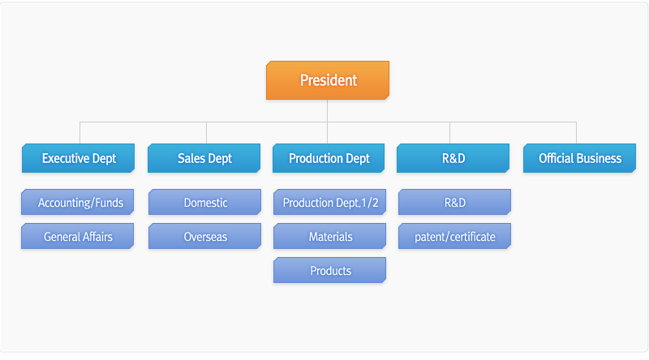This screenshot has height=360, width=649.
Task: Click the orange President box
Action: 328,80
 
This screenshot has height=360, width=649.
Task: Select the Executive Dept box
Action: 78,158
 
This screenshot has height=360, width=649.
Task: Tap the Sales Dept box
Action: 204,158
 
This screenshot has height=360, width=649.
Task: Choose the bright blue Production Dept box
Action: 329,158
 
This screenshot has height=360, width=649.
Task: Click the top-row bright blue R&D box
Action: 453,158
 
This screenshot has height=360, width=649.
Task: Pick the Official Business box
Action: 579,158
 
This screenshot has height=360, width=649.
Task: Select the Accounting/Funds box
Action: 77,202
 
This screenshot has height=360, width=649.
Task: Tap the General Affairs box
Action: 77,236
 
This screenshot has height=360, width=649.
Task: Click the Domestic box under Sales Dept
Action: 205,202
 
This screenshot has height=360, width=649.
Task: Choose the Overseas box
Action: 205,236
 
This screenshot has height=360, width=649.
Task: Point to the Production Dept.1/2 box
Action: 330,202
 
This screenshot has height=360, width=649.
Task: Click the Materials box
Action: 330,236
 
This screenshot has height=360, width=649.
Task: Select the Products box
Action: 330,270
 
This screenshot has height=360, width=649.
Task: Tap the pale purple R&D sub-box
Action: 455,202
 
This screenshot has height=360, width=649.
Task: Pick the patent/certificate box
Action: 455,236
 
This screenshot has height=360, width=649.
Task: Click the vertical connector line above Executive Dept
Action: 80,133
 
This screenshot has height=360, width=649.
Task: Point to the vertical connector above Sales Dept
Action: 207,133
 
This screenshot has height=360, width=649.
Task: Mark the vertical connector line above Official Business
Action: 576,133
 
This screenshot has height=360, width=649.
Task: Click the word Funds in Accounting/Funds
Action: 110,203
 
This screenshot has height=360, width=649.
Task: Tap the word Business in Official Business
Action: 599,158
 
